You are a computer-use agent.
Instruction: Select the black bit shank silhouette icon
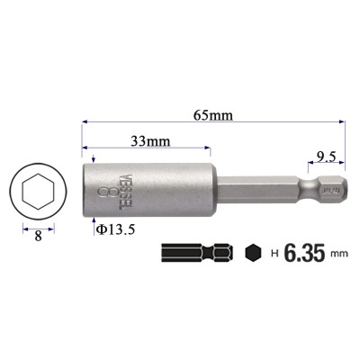click(197, 254)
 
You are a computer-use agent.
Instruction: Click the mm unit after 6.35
click(338, 256)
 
